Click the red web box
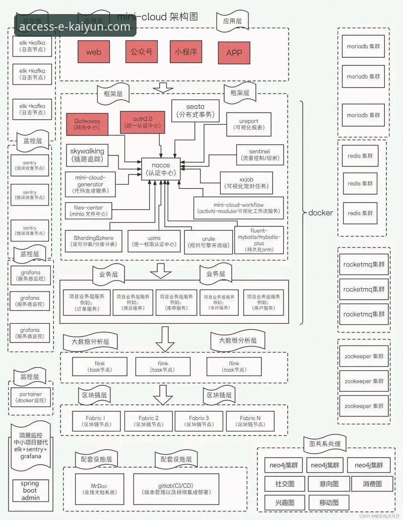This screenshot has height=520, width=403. coord(94,52)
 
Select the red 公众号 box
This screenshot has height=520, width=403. coord(142,51)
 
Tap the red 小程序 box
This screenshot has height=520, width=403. coord(186,51)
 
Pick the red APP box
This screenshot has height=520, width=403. coord(234,52)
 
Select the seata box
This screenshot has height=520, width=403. coord(195,111)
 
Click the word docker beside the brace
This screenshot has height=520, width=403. coord(320,213)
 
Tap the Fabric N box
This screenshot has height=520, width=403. coord(250,421)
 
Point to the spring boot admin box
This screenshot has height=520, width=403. coord(30,490)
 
